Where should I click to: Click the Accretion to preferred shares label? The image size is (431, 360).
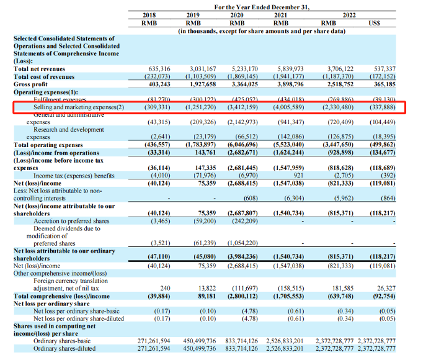click(x=72, y=220)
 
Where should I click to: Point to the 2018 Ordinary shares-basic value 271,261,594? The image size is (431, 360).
click(x=153, y=341)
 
